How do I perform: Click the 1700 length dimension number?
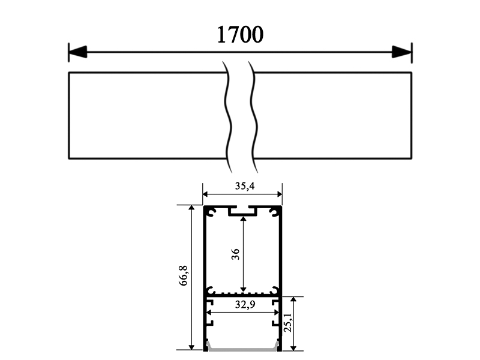point(239,35)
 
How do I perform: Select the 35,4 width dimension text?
point(244,186)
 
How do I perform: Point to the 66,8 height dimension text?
point(184,277)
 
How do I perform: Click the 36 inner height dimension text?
point(235,254)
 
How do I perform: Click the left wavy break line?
point(227,114)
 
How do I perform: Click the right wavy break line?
point(255,114)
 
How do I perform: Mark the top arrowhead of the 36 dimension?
point(243,220)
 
